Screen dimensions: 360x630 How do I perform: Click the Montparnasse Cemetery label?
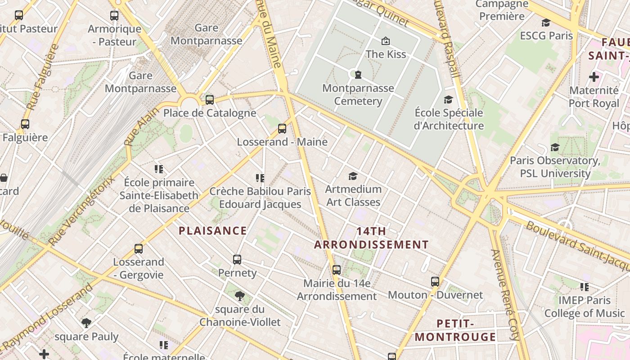point(358,94)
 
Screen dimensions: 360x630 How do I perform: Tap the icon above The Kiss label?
point(386,41)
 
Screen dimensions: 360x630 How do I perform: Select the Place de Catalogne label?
point(210,113)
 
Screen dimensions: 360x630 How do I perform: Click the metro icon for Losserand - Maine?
point(282,129)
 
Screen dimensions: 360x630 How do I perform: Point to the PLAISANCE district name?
point(212,231)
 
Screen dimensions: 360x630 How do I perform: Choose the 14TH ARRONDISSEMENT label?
point(371,238)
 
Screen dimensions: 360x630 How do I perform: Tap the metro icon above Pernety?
point(237,260)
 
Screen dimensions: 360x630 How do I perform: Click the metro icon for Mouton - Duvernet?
point(435,282)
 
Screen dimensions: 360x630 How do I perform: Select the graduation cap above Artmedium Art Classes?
point(353,176)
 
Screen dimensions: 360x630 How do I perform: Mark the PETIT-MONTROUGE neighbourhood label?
point(455,330)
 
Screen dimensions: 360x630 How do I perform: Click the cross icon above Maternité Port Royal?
point(594,77)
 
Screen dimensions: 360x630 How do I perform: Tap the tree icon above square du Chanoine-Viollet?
point(240,296)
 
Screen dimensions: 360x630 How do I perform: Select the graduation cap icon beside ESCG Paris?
point(546,23)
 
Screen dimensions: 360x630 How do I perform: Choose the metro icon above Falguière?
point(25,124)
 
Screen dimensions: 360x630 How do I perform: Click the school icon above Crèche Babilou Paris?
point(260,178)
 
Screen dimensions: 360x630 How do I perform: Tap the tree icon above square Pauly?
point(86,323)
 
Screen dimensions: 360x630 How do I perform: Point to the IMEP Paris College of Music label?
point(585,306)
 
